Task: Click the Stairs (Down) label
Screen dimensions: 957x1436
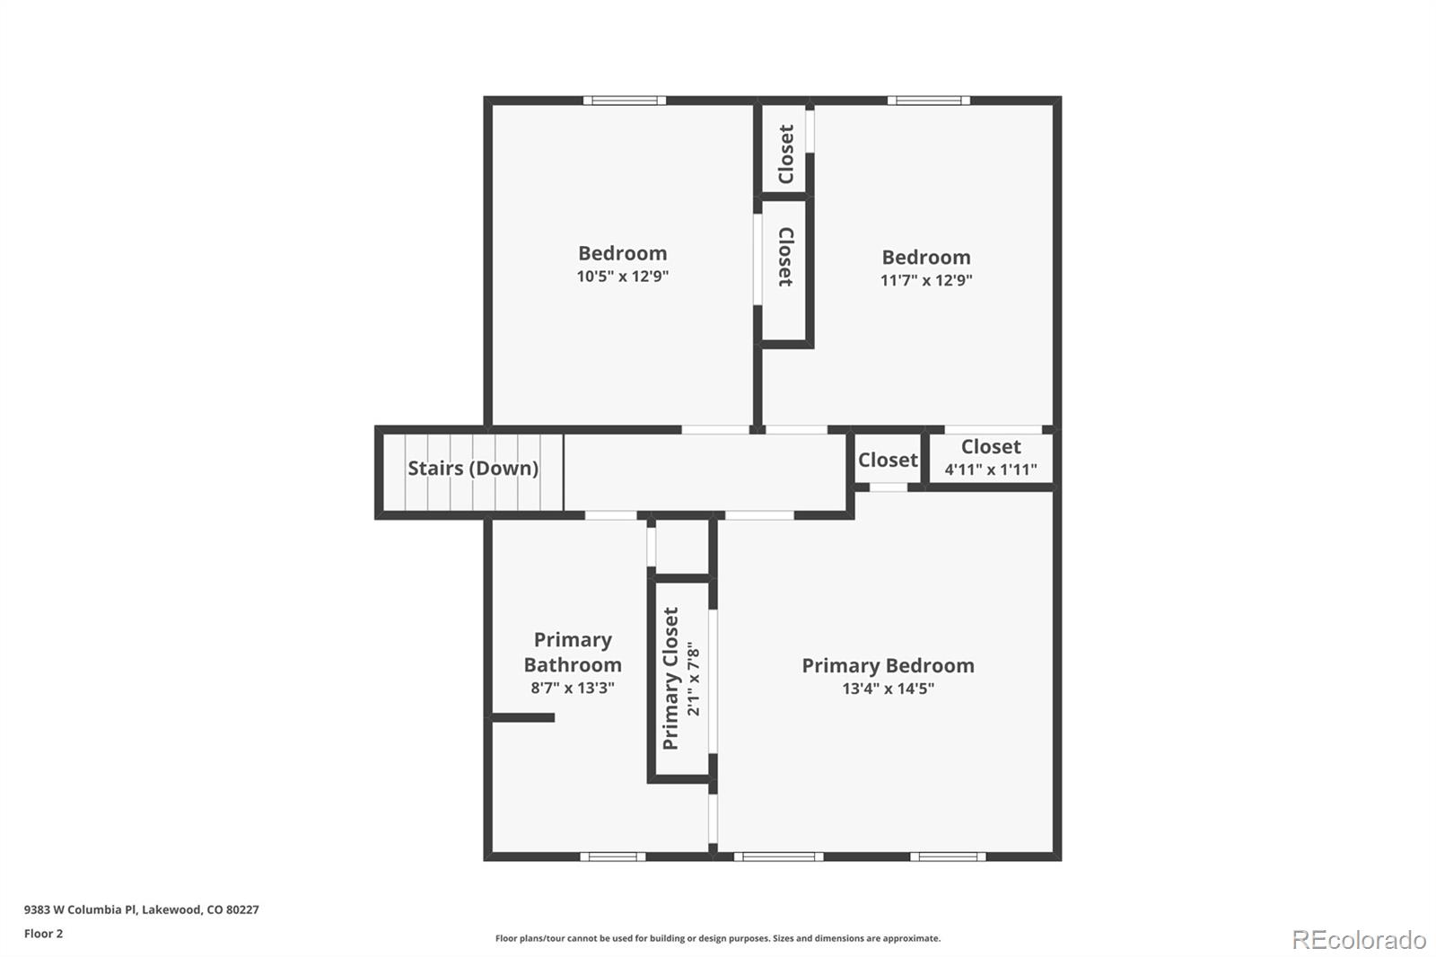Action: (x=473, y=468)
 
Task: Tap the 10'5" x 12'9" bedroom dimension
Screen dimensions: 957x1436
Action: (x=623, y=277)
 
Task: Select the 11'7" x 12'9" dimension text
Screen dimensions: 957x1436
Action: (x=926, y=280)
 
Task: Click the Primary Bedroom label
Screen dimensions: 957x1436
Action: (x=888, y=665)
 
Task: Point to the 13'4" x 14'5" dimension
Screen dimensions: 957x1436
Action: (x=888, y=689)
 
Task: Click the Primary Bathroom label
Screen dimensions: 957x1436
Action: (x=573, y=653)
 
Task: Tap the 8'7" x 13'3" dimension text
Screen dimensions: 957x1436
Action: (x=573, y=688)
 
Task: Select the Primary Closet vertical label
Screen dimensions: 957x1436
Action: (x=671, y=679)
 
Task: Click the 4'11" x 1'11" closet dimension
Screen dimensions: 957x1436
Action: (x=991, y=470)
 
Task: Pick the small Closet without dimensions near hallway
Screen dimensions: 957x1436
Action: (x=888, y=460)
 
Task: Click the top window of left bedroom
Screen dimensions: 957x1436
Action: (x=625, y=101)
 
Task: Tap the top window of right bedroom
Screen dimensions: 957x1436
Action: (x=928, y=101)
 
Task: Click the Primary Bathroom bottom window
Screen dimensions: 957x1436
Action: (x=612, y=856)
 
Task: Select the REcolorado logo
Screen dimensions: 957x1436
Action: (x=1358, y=939)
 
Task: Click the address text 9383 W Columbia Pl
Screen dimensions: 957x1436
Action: (x=141, y=909)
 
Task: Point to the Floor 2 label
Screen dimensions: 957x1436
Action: (x=43, y=934)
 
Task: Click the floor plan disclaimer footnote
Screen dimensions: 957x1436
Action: (x=718, y=938)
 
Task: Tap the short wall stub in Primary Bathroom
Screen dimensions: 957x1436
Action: (x=523, y=717)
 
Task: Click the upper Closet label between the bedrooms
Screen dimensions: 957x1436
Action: (x=786, y=154)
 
